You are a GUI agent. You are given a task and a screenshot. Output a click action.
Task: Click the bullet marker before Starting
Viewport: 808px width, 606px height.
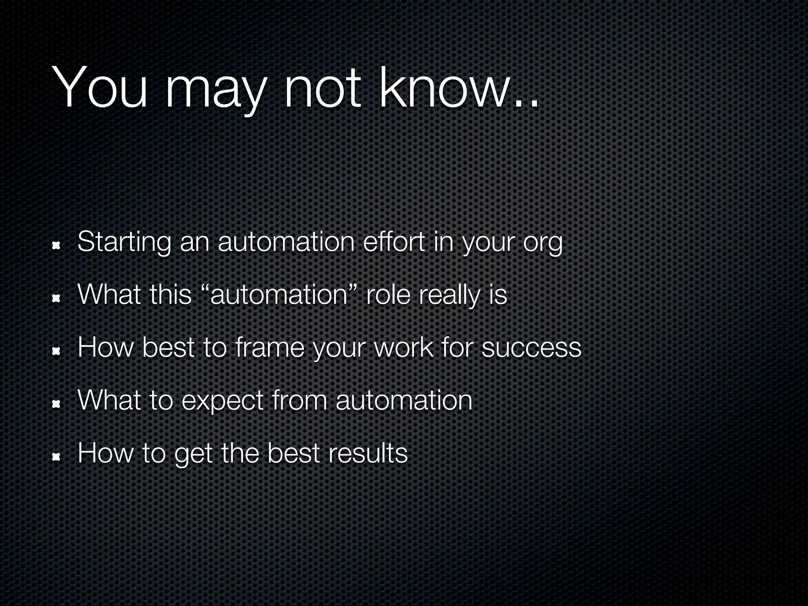pos(56,246)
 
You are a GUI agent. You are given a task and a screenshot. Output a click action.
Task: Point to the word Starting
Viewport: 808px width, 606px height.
pos(124,242)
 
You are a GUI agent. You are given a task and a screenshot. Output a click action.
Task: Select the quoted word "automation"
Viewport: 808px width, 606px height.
pos(279,295)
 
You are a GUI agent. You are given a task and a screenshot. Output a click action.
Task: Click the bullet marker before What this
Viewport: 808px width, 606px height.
pos(56,299)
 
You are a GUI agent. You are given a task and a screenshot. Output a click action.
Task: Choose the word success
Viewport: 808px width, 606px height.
pos(531,348)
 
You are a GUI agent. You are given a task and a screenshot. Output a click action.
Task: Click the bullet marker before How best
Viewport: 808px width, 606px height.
pos(56,352)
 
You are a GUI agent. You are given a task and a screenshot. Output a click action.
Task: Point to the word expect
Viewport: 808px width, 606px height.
pos(222,402)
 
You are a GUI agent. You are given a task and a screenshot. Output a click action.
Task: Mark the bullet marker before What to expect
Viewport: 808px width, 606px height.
pos(56,404)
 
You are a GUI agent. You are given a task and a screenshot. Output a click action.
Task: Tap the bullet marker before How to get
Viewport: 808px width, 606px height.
pos(56,457)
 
